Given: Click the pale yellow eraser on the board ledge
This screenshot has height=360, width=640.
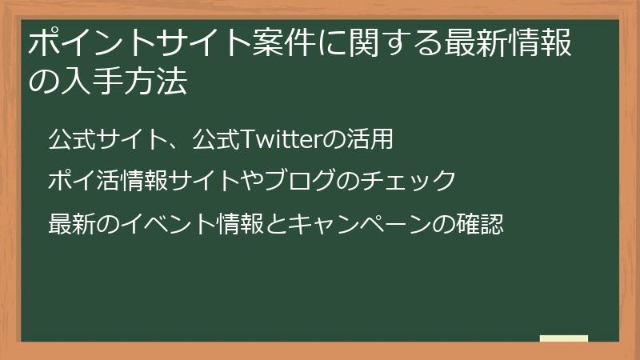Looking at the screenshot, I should (563, 338).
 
